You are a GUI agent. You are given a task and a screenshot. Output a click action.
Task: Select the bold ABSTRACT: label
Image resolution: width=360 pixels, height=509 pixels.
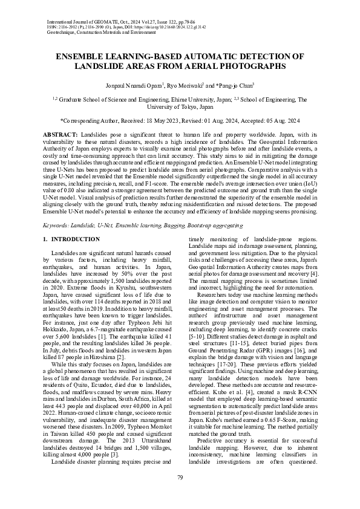60,132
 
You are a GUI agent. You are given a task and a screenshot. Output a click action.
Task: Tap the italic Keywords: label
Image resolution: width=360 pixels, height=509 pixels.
60,207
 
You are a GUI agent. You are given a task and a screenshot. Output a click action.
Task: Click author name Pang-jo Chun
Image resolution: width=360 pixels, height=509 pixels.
234,86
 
